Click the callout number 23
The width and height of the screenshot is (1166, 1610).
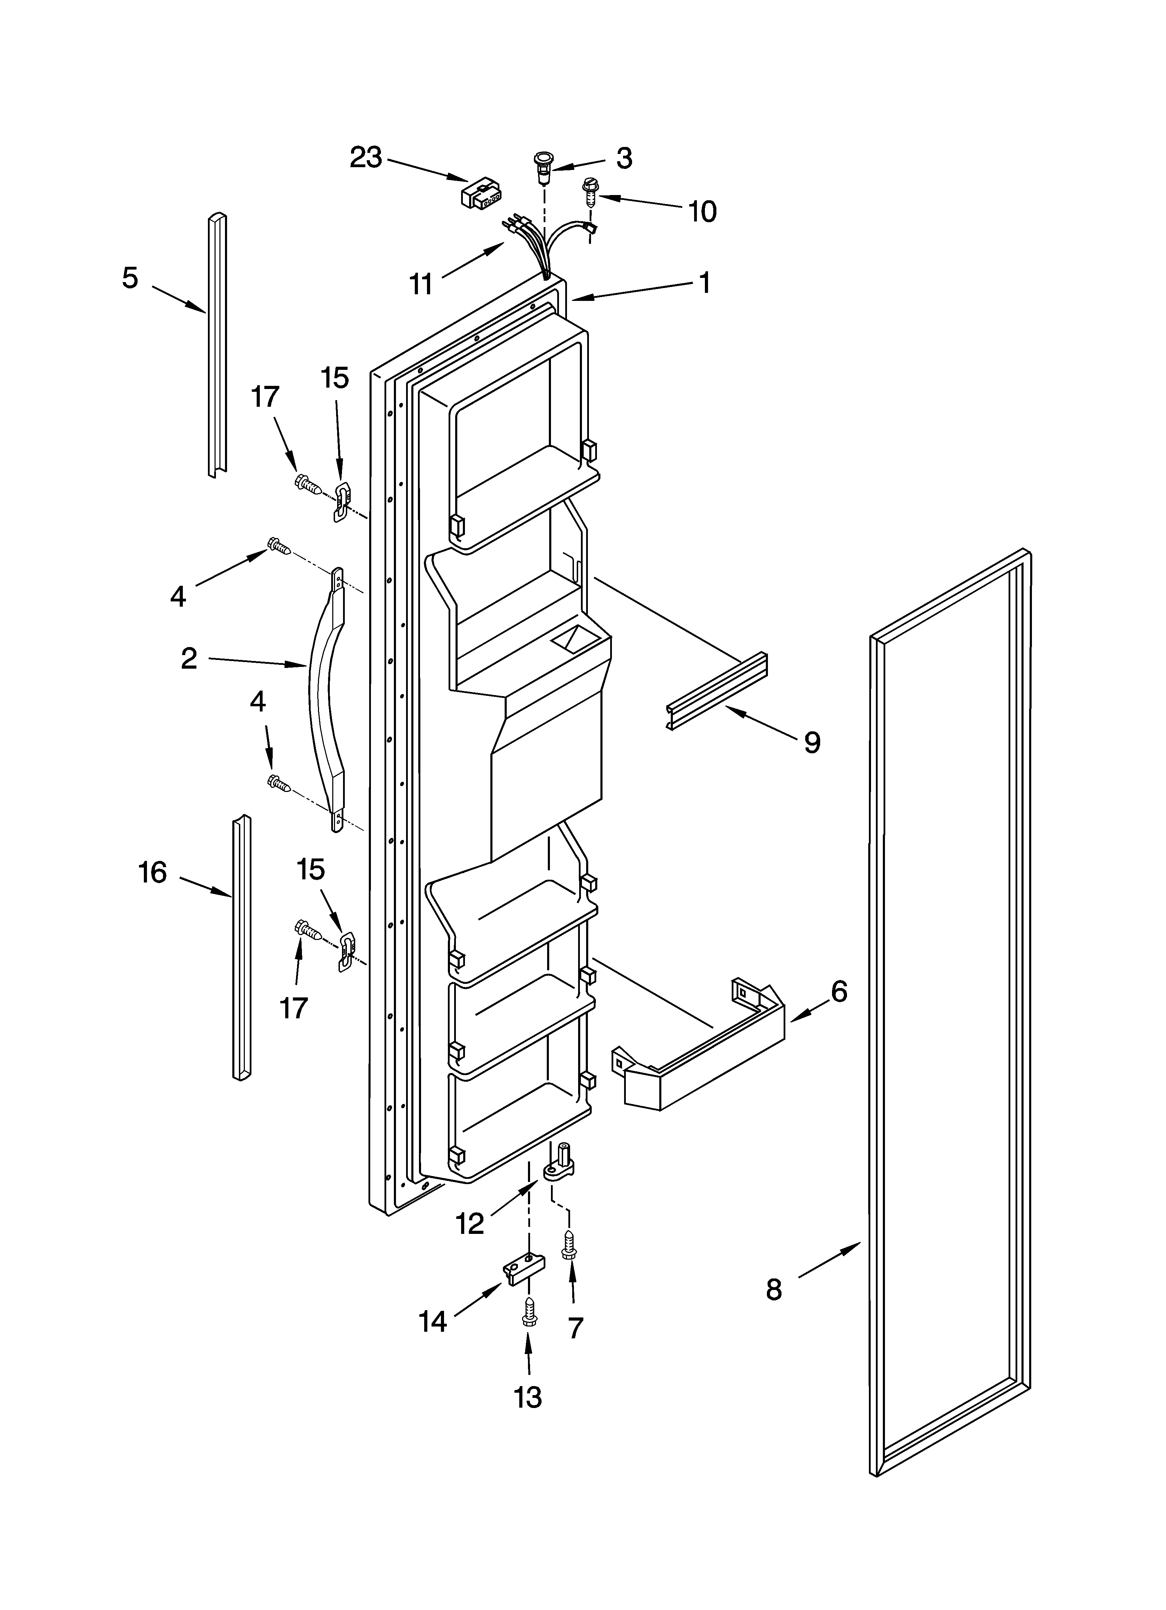[366, 157]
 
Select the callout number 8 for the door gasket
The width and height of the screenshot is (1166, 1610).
[774, 1289]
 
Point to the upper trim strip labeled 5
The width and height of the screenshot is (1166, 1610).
[217, 346]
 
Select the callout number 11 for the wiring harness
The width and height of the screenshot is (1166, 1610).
[421, 284]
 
